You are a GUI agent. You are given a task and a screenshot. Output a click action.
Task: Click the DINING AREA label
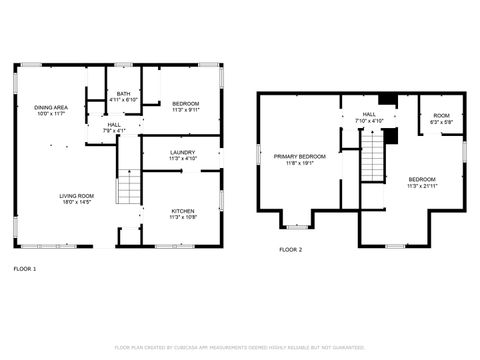tap(51, 107)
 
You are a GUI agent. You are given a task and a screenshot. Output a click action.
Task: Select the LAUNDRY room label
tap(182, 152)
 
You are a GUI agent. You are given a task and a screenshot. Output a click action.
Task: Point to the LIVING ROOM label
tap(77, 196)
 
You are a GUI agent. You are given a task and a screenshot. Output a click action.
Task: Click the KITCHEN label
tap(182, 211)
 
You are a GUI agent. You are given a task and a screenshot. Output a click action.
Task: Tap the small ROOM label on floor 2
tap(441, 116)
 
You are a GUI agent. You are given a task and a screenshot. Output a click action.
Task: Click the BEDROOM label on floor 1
tap(185, 104)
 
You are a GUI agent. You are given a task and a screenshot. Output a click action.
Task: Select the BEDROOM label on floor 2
tap(421, 179)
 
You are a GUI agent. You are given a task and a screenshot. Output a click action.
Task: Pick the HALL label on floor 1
tap(114, 125)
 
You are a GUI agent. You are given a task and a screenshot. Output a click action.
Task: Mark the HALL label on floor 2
tap(369, 115)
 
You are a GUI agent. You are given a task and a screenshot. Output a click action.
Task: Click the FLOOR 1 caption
tap(24, 269)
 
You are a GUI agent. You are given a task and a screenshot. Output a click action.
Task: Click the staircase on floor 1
tap(127, 187)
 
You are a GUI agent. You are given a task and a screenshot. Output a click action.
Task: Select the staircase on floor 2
tap(372, 155)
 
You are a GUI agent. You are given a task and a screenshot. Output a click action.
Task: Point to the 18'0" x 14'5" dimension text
tap(77, 202)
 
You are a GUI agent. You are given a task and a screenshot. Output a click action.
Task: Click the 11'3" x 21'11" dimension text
tap(421, 185)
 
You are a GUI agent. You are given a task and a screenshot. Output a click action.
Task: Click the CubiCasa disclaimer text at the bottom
tap(239, 347)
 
